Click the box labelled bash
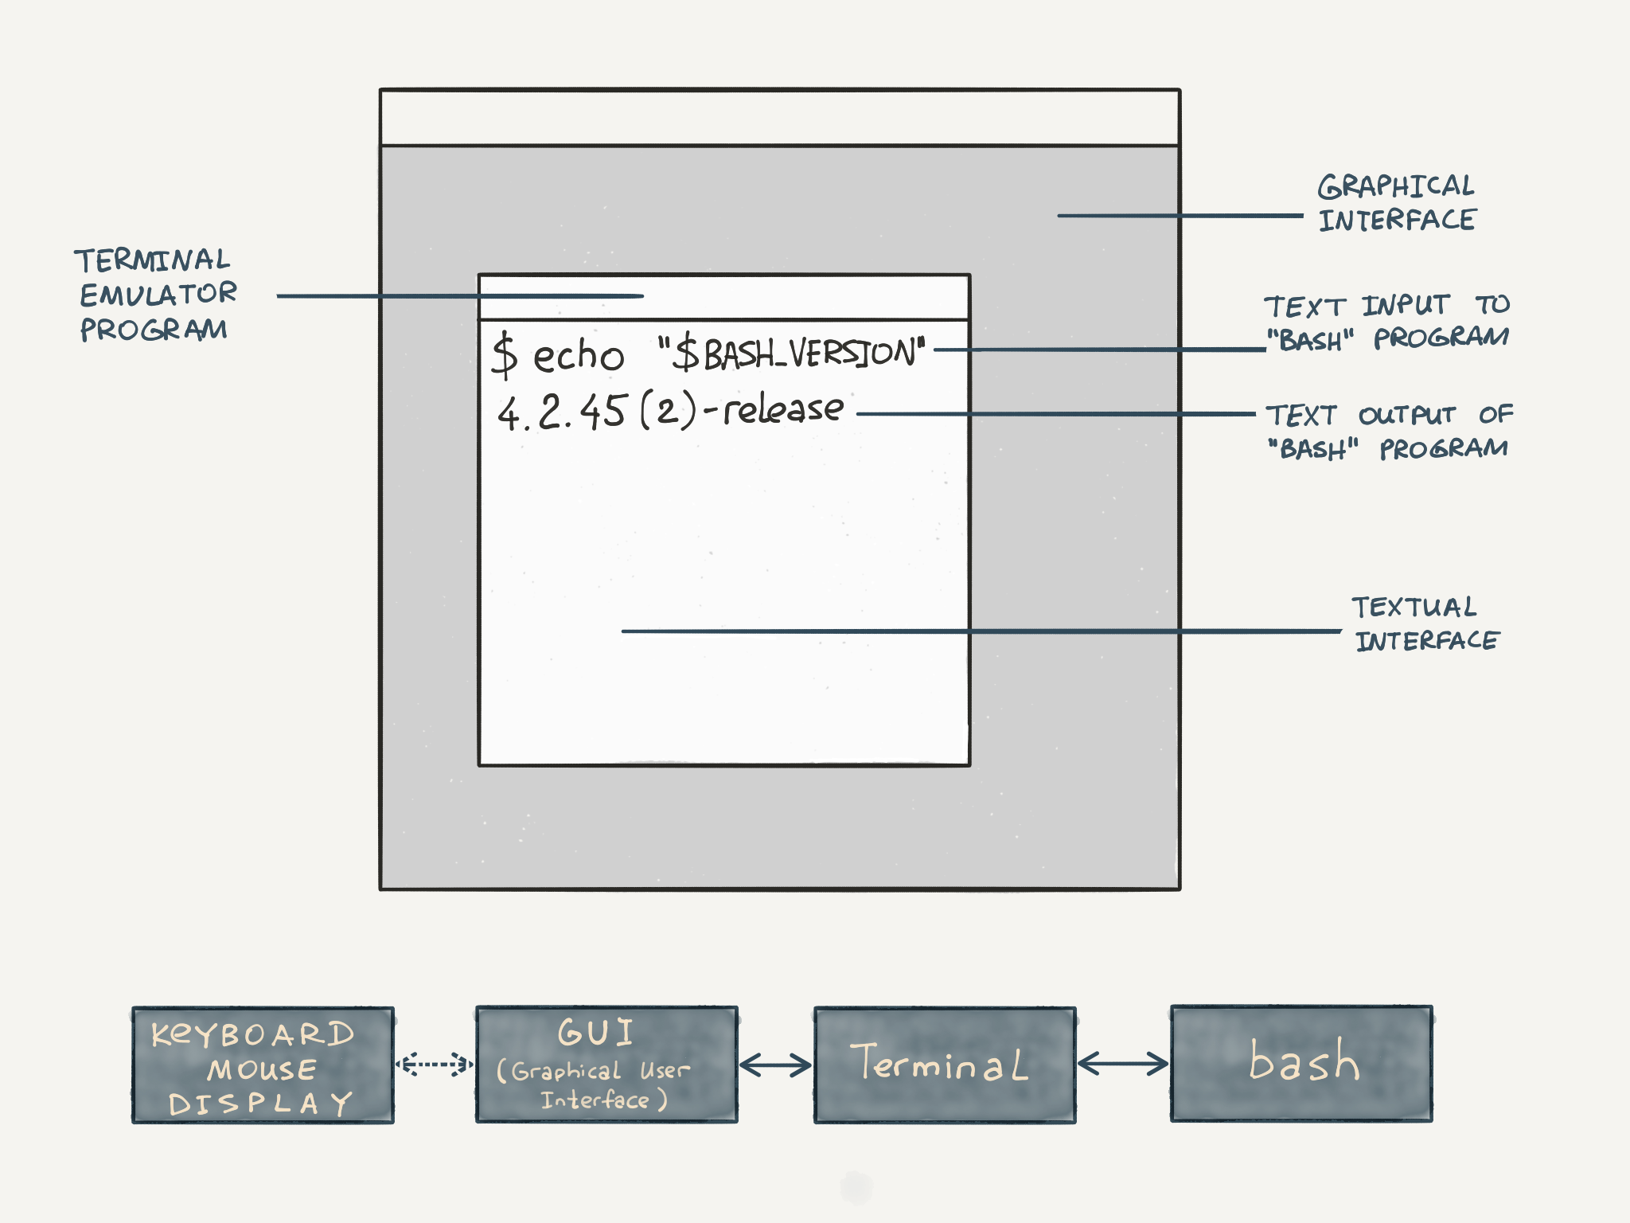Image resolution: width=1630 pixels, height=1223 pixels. point(1301,1064)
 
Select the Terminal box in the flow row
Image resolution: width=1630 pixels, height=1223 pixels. point(945,1065)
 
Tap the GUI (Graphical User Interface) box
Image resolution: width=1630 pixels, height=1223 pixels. point(606,1065)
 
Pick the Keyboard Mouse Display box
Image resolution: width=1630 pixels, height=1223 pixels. point(263,1065)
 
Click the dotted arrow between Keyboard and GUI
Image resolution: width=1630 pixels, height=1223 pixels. point(435,1064)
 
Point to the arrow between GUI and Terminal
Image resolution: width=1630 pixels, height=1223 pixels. point(775,1065)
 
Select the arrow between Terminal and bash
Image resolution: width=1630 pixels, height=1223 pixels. point(1122,1064)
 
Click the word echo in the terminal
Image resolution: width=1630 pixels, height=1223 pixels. point(578,355)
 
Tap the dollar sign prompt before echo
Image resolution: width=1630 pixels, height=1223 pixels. point(505,355)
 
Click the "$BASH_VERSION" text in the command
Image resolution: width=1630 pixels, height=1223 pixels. point(792,353)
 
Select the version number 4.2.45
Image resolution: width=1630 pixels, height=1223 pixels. point(562,412)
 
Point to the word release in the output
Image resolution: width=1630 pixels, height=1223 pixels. point(783,409)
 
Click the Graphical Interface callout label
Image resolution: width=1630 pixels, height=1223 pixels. point(1397,203)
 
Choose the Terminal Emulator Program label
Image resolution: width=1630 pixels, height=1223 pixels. point(155,295)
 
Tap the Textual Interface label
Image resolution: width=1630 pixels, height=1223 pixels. point(1425,623)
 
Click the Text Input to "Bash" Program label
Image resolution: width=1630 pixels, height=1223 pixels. point(1386,322)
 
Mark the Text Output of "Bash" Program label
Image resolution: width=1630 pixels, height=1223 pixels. point(1389,432)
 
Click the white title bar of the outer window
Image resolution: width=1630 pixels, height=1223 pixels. point(780,118)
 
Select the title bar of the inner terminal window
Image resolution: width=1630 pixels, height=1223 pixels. point(796,297)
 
